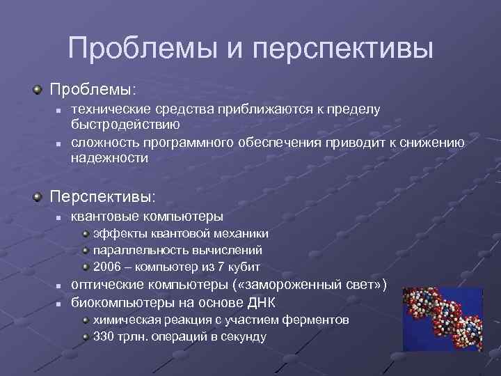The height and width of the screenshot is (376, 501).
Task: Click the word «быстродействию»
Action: [125, 125]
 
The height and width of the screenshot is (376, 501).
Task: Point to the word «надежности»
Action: [109, 158]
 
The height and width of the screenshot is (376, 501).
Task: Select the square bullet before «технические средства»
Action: [60, 111]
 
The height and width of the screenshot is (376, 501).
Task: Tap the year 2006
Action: [106, 267]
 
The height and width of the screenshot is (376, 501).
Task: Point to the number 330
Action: [104, 336]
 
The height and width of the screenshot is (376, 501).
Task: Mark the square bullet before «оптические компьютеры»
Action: [60, 285]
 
